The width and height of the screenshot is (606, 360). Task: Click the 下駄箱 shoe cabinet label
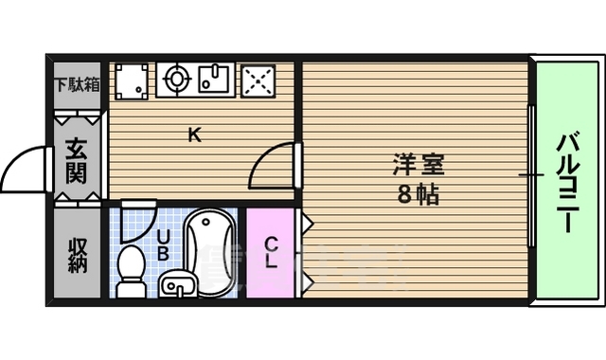(x=77, y=82)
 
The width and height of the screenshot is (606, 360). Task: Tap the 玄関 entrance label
(x=77, y=161)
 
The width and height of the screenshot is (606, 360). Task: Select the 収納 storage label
(x=77, y=254)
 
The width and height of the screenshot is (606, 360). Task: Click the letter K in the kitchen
(x=193, y=135)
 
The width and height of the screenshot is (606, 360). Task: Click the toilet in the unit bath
(x=130, y=270)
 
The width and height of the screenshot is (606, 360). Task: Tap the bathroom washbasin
(x=177, y=284)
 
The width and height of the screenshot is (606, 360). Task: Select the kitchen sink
(x=217, y=80)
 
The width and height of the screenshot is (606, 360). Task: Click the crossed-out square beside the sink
(x=258, y=81)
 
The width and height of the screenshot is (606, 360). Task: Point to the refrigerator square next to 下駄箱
(x=131, y=81)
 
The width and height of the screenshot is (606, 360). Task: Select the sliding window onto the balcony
(x=532, y=175)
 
